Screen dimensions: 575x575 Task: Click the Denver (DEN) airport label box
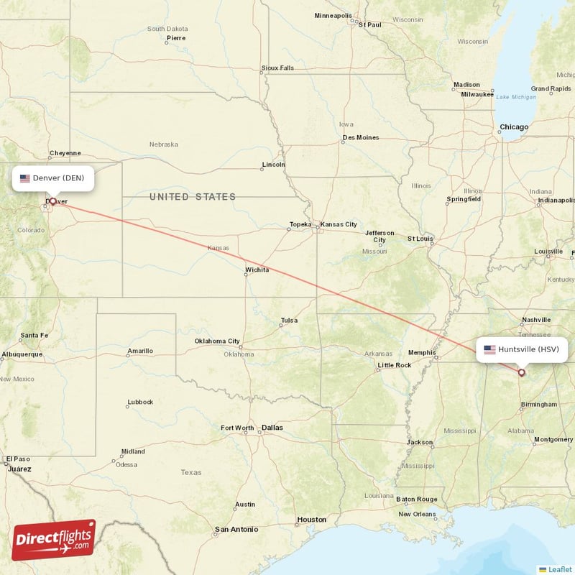click(52, 178)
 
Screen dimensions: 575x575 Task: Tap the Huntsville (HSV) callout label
click(522, 349)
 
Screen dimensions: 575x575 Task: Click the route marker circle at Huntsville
click(522, 372)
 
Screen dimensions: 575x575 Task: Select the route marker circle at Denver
click(52, 201)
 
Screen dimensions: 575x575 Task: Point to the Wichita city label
click(257, 270)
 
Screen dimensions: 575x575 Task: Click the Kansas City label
click(338, 224)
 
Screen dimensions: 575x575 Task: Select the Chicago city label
click(514, 127)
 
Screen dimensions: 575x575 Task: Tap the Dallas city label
click(272, 428)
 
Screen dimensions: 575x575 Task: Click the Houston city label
click(311, 519)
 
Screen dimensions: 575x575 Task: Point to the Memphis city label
click(421, 352)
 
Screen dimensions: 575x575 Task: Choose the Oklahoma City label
click(217, 341)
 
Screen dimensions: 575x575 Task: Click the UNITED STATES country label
click(192, 197)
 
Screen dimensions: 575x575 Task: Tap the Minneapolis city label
click(333, 16)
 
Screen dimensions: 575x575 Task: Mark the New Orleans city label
click(417, 514)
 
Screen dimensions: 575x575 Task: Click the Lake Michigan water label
click(516, 97)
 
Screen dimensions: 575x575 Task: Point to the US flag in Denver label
click(25, 178)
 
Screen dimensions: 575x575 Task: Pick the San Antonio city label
click(236, 530)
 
